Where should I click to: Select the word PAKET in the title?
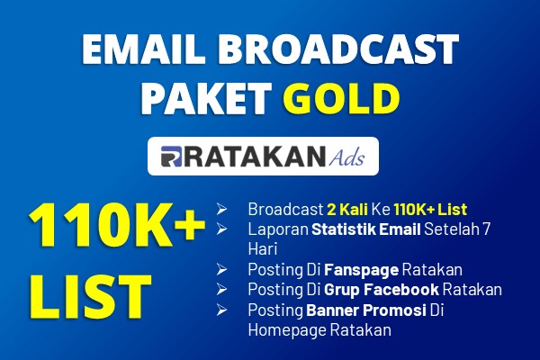pyautogui.click(x=205, y=98)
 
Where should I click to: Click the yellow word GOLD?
pyautogui.click(x=341, y=98)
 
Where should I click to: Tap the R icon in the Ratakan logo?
pyautogui.click(x=171, y=157)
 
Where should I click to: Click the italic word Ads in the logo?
pyautogui.click(x=346, y=157)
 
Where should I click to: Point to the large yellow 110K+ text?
pyautogui.click(x=117, y=225)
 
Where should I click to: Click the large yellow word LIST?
pyautogui.click(x=91, y=297)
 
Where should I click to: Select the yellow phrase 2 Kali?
pyautogui.click(x=347, y=209)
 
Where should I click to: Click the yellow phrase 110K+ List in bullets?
pyautogui.click(x=430, y=209)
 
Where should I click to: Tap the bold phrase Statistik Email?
pyautogui.click(x=366, y=229)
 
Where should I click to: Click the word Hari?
pyautogui.click(x=263, y=249)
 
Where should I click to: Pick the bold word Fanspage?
pyautogui.click(x=361, y=270)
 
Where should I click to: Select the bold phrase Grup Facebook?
pyautogui.click(x=382, y=290)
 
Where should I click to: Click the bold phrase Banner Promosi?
pyautogui.click(x=366, y=310)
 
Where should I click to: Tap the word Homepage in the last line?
pyautogui.click(x=287, y=330)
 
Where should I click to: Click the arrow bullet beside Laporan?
pyautogui.click(x=221, y=229)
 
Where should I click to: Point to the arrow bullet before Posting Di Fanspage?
pyautogui.click(x=221, y=269)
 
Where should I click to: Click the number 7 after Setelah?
pyautogui.click(x=486, y=229)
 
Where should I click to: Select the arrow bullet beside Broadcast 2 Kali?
pyautogui.click(x=221, y=209)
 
